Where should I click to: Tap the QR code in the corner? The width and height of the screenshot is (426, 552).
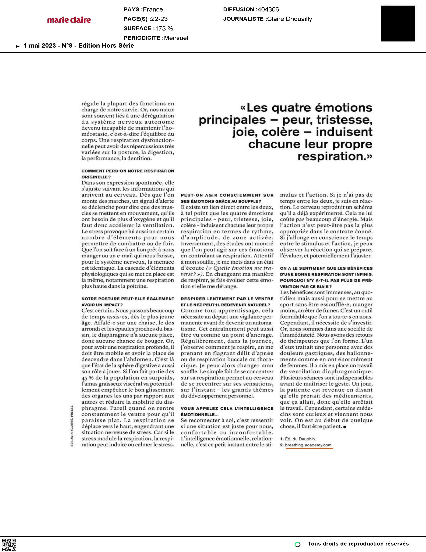9,545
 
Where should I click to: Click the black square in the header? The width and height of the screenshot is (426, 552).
398,24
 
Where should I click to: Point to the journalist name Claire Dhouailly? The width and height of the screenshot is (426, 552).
289,19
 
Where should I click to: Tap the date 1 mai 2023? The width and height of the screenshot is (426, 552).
40,46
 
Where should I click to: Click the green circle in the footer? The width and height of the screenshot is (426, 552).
298,544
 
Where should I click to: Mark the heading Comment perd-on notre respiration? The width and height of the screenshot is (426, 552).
128,171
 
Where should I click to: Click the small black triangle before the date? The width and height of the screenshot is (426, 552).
18,46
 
